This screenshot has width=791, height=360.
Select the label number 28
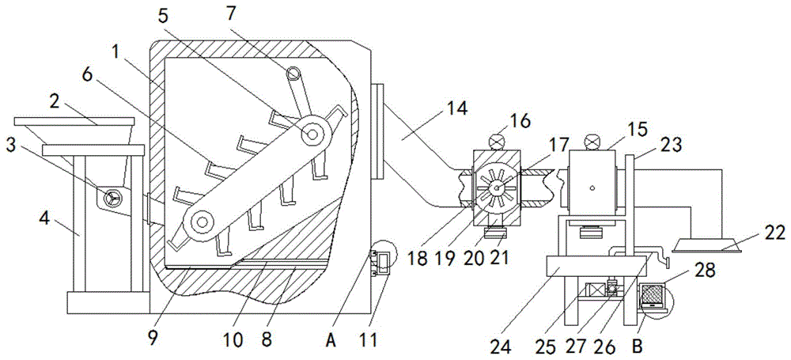[705, 271]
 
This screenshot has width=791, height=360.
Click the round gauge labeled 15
[591, 142]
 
